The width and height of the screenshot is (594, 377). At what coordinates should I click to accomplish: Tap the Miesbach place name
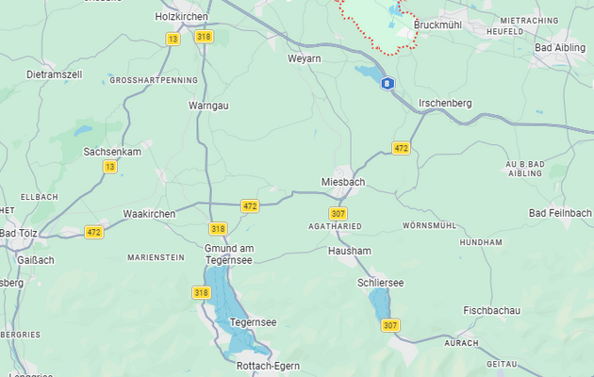click(x=343, y=181)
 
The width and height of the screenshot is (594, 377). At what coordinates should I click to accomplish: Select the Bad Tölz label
click(x=18, y=233)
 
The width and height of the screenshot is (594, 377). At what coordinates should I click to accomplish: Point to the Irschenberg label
click(x=444, y=103)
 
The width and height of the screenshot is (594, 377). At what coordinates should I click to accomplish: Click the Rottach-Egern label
click(x=268, y=367)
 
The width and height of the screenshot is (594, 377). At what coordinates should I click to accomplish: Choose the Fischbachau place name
click(x=492, y=310)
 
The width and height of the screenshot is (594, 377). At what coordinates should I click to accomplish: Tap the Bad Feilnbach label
click(x=560, y=214)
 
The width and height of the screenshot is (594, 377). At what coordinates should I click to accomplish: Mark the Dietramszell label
click(x=56, y=74)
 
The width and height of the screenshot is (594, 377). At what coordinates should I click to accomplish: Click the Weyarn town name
click(x=305, y=58)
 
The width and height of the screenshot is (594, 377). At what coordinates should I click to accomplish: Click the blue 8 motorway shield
click(x=388, y=84)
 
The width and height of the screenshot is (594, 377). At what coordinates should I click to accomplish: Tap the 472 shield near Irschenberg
click(x=402, y=149)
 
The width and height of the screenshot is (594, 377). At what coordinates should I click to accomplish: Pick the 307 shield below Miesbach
click(x=338, y=213)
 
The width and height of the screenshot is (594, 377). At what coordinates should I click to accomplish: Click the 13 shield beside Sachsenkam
click(x=110, y=167)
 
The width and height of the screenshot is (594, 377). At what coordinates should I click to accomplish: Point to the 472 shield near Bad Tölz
click(x=94, y=232)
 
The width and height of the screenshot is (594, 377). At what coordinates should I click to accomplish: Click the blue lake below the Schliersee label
click(x=379, y=304)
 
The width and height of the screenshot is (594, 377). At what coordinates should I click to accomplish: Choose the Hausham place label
click(x=350, y=252)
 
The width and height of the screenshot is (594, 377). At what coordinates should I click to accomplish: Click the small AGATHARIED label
click(x=335, y=227)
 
